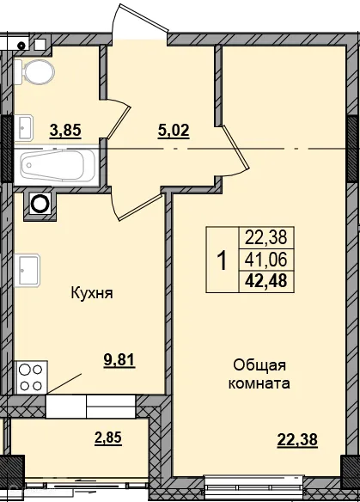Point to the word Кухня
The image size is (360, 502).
pos(92,293)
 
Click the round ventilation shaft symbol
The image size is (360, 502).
pos(40,204)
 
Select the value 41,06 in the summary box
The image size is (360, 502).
pos(265,257)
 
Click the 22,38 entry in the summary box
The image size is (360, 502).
pos(265,236)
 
